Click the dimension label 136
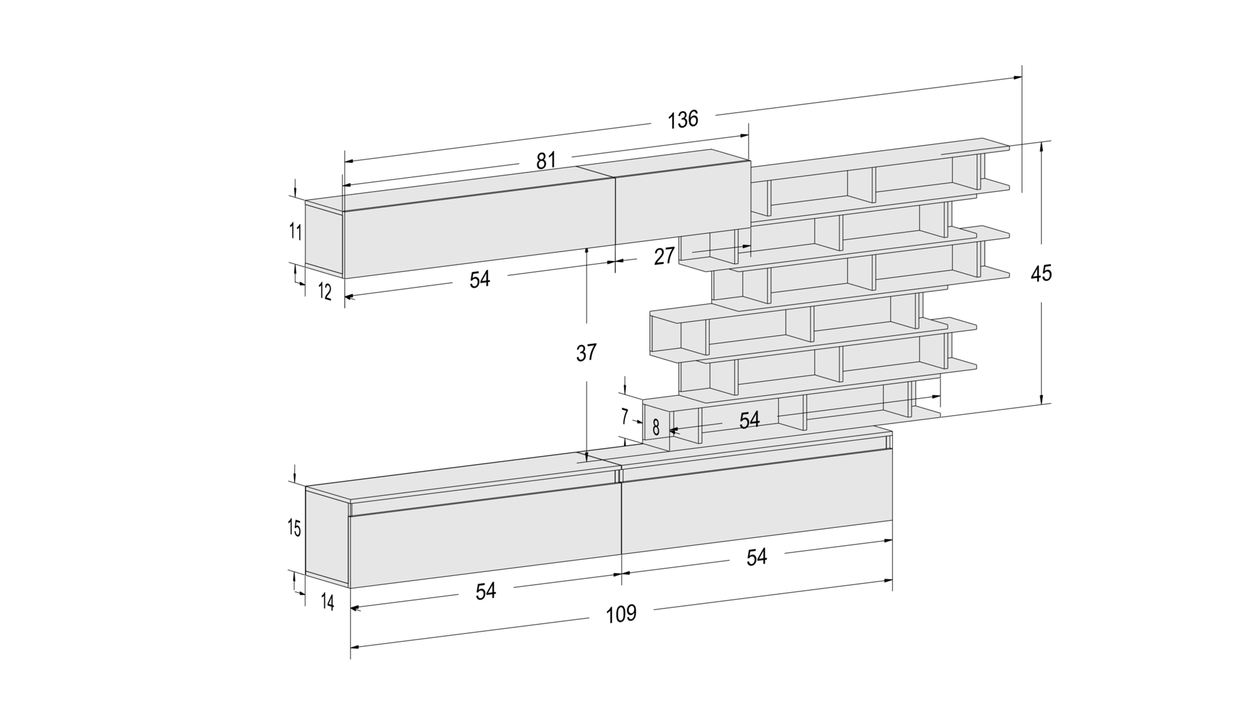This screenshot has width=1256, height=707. [683, 119]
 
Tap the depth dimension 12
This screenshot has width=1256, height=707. [325, 292]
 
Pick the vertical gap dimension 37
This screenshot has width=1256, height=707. [586, 352]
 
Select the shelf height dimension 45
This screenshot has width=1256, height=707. [1041, 273]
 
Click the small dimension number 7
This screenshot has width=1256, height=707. [625, 416]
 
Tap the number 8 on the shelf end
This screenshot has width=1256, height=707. [656, 427]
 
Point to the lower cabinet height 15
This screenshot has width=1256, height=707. [294, 528]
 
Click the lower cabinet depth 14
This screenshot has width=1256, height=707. [328, 603]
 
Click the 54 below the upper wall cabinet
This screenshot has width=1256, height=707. [480, 279]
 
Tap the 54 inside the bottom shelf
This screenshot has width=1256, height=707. [749, 420]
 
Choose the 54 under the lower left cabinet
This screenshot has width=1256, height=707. [486, 591]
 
